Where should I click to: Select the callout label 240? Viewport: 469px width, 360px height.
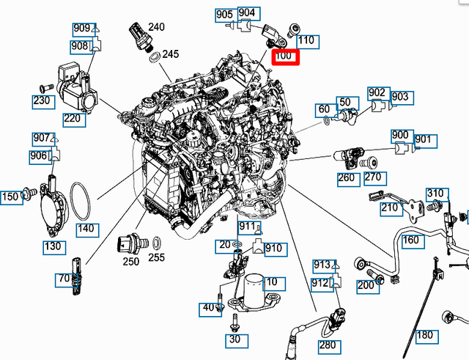pos(156,28)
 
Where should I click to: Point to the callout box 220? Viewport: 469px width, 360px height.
pos(72,117)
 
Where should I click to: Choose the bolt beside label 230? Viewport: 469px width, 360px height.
pos(42,88)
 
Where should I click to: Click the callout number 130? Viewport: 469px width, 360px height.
pos(53,247)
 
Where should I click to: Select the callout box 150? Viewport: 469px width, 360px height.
pos(11,196)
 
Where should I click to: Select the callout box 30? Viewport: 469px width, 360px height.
pos(234,339)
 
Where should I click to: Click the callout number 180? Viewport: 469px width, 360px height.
pos(425,337)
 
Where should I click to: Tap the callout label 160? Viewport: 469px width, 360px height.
pos(411,240)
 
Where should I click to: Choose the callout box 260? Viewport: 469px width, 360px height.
pos(346,177)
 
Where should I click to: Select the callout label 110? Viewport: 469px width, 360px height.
pos(306,40)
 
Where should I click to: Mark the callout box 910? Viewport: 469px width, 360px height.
pos(273,249)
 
